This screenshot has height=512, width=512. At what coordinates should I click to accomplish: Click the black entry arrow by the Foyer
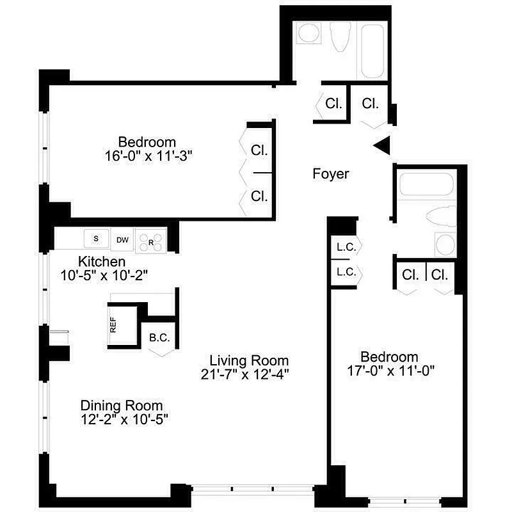(382, 145)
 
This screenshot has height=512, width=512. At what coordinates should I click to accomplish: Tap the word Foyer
(331, 173)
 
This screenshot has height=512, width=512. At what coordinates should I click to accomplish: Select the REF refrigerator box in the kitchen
(114, 325)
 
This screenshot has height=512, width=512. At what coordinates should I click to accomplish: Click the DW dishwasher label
(122, 240)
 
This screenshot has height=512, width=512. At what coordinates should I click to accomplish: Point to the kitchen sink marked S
(97, 239)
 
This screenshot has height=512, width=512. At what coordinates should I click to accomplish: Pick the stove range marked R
(151, 241)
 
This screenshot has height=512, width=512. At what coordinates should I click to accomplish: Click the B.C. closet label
(158, 337)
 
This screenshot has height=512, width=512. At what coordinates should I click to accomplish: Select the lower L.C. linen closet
(346, 272)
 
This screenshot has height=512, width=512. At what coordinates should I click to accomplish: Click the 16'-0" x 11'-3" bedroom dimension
(147, 155)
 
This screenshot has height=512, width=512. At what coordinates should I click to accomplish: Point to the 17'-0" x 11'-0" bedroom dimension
(389, 371)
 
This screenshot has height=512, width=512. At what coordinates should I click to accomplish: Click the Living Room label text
(249, 360)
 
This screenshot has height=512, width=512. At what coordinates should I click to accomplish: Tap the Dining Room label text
(121, 406)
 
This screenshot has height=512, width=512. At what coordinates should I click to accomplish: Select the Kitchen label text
(101, 262)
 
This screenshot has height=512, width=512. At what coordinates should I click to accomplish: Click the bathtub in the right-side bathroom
(426, 186)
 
